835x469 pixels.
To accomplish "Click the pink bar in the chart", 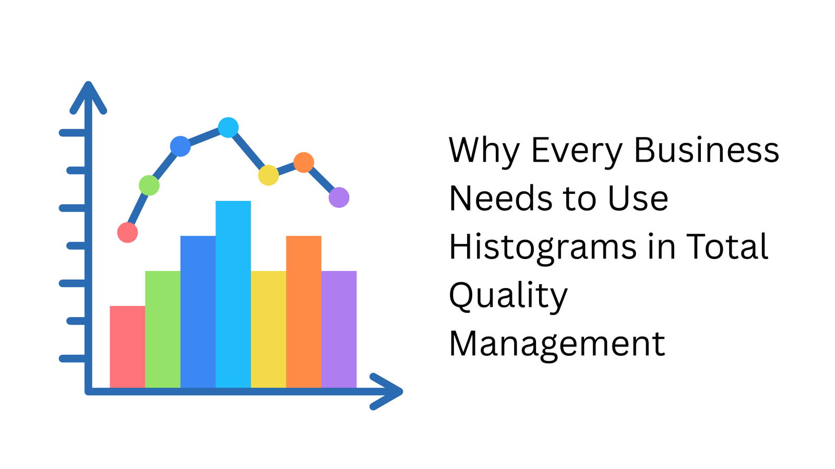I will click(x=127, y=347).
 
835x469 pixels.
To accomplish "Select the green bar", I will click(x=163, y=329).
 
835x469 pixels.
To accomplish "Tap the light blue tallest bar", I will click(x=233, y=294).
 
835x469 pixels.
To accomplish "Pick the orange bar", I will click(x=304, y=311).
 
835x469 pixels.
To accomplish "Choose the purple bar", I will click(x=339, y=329).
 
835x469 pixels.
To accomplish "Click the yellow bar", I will click(x=268, y=329).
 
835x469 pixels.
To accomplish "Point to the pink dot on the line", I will click(x=127, y=232).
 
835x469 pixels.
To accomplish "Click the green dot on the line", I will click(x=149, y=185).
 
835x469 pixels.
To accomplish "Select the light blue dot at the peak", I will click(x=228, y=127).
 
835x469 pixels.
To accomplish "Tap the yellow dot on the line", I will click(x=268, y=175).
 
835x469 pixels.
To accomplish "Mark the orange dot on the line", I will click(x=304, y=163).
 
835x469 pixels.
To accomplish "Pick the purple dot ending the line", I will click(x=339, y=198).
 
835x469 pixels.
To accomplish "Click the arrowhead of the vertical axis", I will click(x=89, y=96).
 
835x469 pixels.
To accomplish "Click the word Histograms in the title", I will click(x=543, y=246).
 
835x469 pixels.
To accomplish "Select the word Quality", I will click(x=508, y=295).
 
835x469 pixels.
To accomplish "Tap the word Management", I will click(x=557, y=344).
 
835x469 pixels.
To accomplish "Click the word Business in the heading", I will click(x=706, y=150).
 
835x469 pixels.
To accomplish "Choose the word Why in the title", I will click(x=484, y=150).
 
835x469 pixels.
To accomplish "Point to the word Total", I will click(x=726, y=246).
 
